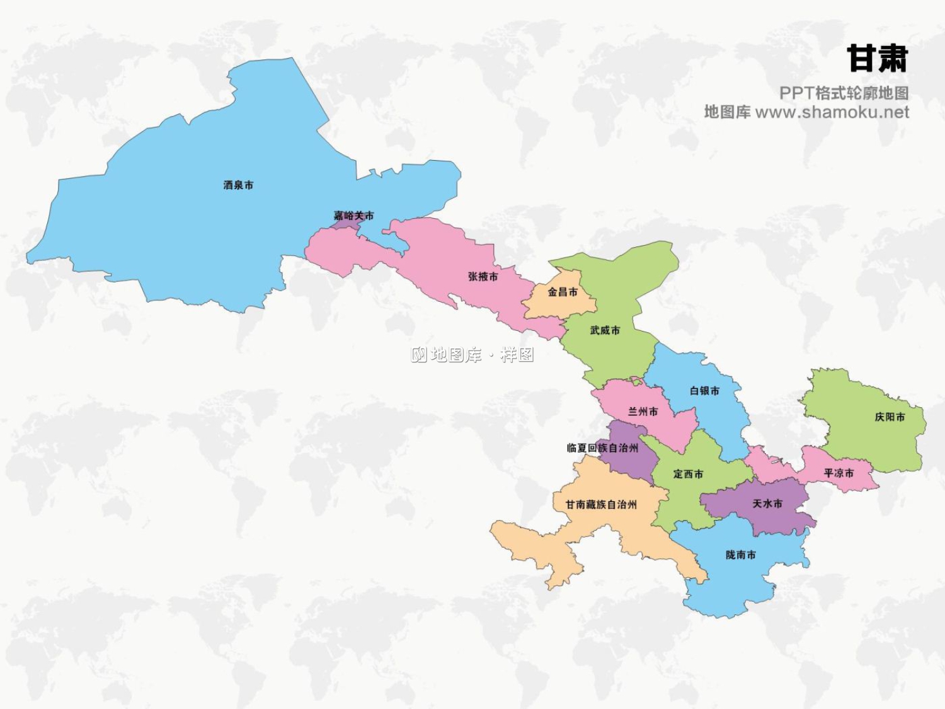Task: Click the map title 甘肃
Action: [x=877, y=59]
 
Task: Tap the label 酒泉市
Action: [x=238, y=185]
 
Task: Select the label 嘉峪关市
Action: [x=353, y=216]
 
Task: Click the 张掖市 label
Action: [x=483, y=277]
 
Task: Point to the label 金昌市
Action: [x=562, y=292]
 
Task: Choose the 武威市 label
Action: [x=605, y=330]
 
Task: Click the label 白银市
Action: [x=704, y=391]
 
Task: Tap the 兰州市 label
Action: [x=643, y=412]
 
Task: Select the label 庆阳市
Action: [x=890, y=417]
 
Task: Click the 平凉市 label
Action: [x=839, y=473]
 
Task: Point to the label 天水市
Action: [x=767, y=504]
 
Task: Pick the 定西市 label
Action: [x=688, y=474]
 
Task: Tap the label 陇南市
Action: [x=740, y=555]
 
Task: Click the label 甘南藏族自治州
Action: [x=600, y=504]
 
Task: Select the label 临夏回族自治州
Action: [x=602, y=448]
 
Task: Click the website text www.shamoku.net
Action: [x=832, y=112]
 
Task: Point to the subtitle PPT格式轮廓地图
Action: [x=844, y=93]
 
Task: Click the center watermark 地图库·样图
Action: [x=472, y=355]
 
